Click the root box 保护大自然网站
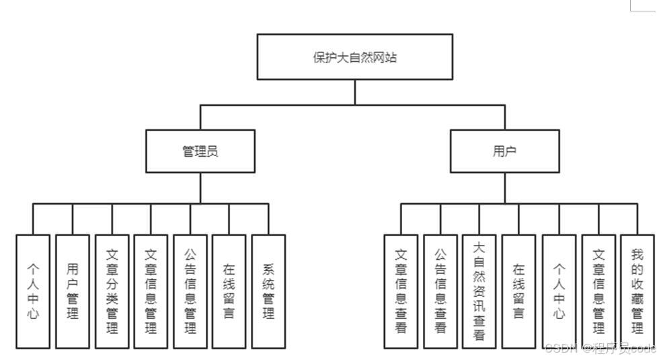(355, 57)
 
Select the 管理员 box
(200, 151)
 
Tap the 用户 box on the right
(504, 151)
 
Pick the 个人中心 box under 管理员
(33, 291)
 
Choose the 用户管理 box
(73, 291)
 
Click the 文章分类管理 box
(112, 291)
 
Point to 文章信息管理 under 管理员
(151, 291)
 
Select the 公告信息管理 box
(190, 291)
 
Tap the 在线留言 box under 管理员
(229, 291)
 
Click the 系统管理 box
(268, 291)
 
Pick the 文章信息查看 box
(401, 291)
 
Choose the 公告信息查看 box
(440, 291)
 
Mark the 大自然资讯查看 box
(479, 291)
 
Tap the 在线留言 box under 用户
(519, 291)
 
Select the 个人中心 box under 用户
(559, 291)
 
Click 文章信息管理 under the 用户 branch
(598, 291)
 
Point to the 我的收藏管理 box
(637, 291)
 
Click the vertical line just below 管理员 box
(200, 188)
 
